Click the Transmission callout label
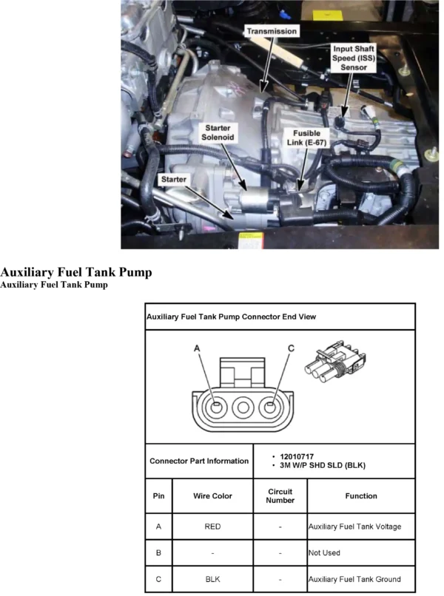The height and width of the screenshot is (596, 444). pos(272,31)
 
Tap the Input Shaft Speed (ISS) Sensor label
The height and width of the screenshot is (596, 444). pos(354,58)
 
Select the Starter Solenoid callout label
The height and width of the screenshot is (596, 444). pos(218,132)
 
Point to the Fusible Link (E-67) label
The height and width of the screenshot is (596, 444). pos(306,138)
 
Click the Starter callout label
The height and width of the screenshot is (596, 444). pos(173,180)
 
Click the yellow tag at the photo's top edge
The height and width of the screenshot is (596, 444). pos(326,16)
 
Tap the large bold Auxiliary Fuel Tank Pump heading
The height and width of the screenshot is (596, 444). pos(76,272)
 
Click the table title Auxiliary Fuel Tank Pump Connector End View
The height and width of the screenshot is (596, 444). pos(232,316)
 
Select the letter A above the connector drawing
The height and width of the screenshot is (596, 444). pos(197,348)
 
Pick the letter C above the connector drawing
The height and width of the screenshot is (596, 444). pos(291,348)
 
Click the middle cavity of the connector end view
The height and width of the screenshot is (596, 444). pos(243,407)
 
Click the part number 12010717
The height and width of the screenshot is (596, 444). pos(297,456)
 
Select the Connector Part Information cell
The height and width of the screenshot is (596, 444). pos(199,461)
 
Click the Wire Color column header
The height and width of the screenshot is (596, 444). pos(212,496)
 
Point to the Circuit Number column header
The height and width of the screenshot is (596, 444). pos(280,496)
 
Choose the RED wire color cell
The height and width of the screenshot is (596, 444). pos(212,526)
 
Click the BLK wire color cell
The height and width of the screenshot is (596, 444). pos(212,579)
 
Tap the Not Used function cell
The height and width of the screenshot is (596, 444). pos(361,552)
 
